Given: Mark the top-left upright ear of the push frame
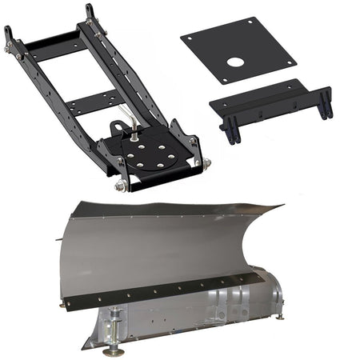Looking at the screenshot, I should click(x=9, y=36).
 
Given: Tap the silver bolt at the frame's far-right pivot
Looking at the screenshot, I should click(x=207, y=163).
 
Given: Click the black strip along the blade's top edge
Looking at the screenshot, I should click(x=176, y=210).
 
